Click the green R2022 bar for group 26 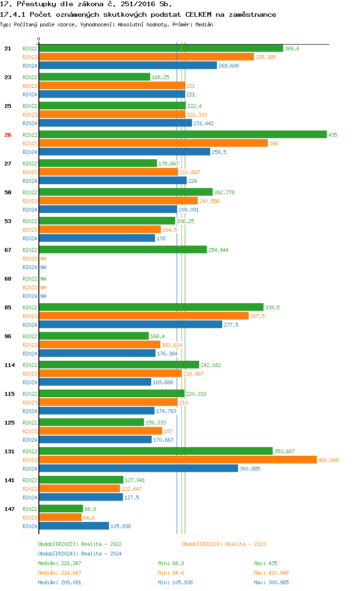(182, 135)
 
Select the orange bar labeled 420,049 (178, 460)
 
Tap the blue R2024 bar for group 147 (74, 526)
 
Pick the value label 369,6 (292, 48)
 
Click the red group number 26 (8, 135)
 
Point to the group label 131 (9, 451)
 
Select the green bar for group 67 (122, 250)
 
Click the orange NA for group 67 (43, 259)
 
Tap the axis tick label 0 (39, 39)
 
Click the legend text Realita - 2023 (245, 544)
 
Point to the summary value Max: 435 (265, 563)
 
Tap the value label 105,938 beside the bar (120, 526)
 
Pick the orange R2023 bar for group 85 (144, 316)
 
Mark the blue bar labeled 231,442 (115, 123)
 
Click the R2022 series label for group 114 (30, 365)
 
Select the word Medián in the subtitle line (204, 24)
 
